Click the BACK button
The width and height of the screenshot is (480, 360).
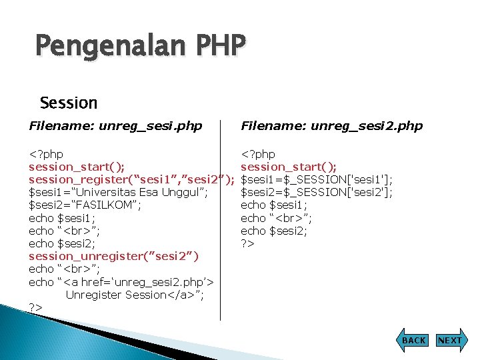click(x=413, y=340)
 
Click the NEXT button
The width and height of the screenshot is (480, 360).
click(x=449, y=340)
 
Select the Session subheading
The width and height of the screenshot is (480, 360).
click(x=69, y=103)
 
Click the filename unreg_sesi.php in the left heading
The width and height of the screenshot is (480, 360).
click(x=147, y=126)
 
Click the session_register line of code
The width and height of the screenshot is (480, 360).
click(x=131, y=179)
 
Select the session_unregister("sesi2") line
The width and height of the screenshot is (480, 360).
click(x=113, y=256)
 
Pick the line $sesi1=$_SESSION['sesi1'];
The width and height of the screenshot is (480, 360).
click(x=317, y=179)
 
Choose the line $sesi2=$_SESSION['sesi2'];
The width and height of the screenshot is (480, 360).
click(x=317, y=193)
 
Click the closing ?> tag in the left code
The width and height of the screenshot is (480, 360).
click(x=36, y=307)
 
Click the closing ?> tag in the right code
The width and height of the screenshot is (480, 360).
click(x=248, y=243)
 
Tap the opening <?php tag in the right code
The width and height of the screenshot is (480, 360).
click(x=258, y=154)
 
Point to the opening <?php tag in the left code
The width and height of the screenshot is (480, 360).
click(x=46, y=154)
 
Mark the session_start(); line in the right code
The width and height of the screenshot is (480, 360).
click(x=289, y=167)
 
